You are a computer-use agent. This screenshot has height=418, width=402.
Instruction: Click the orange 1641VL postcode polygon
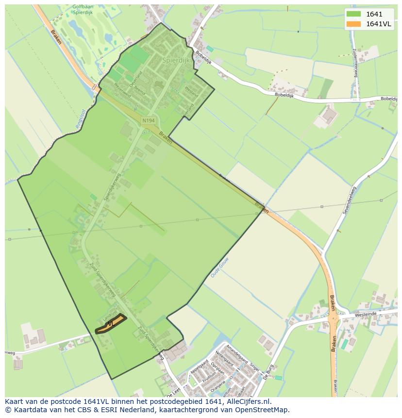click(x=111, y=324)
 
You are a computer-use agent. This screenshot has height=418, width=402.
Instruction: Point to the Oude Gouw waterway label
click(x=219, y=268)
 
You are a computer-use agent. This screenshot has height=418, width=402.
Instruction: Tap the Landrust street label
click(x=111, y=314)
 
